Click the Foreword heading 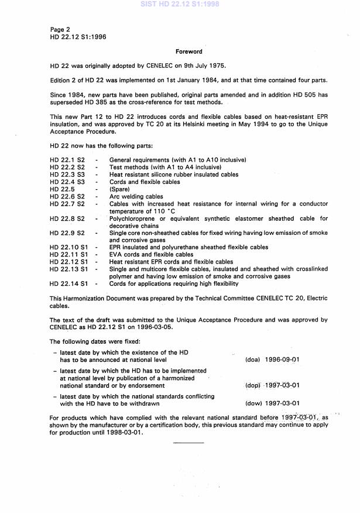[188, 52]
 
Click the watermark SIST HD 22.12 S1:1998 [179, 4]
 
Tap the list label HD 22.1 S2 [68, 160]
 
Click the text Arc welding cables [136, 197]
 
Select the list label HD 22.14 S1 [71, 284]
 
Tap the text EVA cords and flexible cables [151, 255]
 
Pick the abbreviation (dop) [252, 385]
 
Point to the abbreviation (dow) [253, 403]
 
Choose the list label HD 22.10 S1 [71, 248]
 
